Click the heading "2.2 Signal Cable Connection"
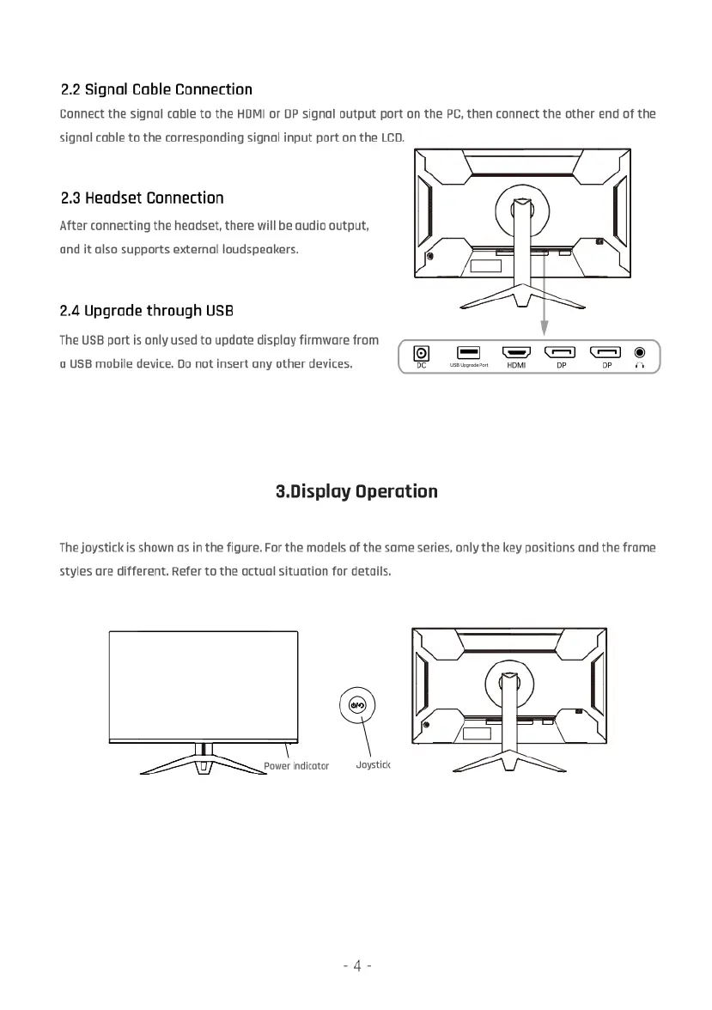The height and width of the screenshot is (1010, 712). pyautogui.click(x=156, y=89)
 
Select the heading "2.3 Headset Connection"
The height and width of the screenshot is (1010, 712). pyautogui.click(x=142, y=198)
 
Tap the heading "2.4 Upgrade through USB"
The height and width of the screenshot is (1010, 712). pyautogui.click(x=146, y=310)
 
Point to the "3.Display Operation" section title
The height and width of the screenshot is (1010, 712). pyautogui.click(x=356, y=491)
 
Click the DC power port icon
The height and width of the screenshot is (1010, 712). pyautogui.click(x=422, y=353)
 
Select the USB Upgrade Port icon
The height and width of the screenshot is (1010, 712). pyautogui.click(x=468, y=352)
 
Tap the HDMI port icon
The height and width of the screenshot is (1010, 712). pyautogui.click(x=516, y=352)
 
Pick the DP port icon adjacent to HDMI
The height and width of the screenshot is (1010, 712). pyautogui.click(x=561, y=352)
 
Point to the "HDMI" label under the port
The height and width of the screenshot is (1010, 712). pyautogui.click(x=516, y=366)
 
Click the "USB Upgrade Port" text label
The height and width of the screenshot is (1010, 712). pyautogui.click(x=468, y=366)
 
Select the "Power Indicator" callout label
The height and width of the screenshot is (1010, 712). pyautogui.click(x=296, y=765)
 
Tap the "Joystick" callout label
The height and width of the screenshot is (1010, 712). pyautogui.click(x=374, y=764)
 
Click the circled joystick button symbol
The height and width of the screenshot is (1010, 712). pyautogui.click(x=357, y=705)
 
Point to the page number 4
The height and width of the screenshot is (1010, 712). pyautogui.click(x=356, y=966)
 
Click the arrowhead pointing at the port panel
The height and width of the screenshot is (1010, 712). pyautogui.click(x=544, y=329)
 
